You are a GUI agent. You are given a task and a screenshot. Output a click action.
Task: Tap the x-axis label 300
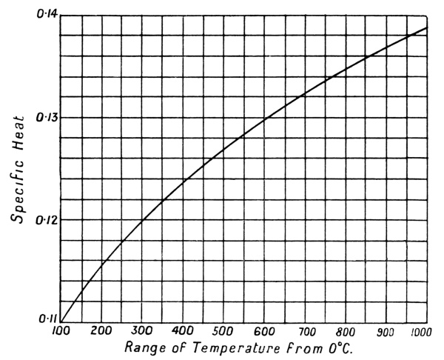click(142, 330)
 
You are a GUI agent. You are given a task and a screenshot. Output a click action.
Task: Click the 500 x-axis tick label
click(223, 330)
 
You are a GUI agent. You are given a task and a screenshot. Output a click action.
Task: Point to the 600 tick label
click(264, 330)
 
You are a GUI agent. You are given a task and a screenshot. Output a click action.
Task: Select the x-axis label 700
click(305, 330)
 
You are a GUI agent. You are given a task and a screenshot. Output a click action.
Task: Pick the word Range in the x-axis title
click(142, 347)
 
